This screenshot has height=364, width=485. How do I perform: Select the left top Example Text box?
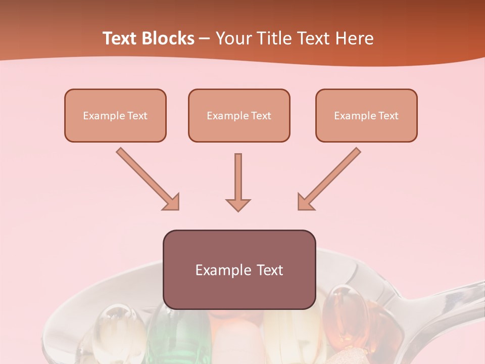(115, 115)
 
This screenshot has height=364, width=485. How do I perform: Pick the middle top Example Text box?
(239, 115)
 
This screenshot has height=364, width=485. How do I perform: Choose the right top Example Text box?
(366, 115)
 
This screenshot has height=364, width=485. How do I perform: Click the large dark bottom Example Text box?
(239, 269)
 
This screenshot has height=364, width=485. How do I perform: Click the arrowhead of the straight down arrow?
(238, 204)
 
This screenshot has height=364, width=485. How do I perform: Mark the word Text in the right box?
(389, 115)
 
